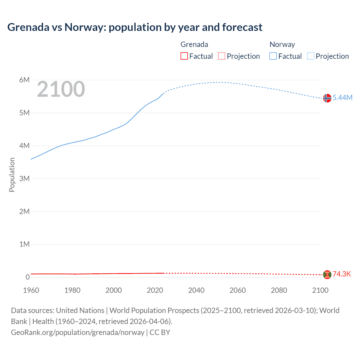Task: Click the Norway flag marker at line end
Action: click(x=327, y=98)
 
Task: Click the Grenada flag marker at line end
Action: click(x=327, y=274)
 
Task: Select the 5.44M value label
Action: click(x=342, y=98)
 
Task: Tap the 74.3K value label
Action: click(x=342, y=274)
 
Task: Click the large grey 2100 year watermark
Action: click(x=61, y=89)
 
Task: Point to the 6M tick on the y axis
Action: click(x=24, y=80)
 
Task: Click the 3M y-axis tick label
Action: click(x=24, y=179)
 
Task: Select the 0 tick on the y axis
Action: click(x=28, y=277)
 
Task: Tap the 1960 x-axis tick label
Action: click(x=31, y=290)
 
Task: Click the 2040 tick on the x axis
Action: click(x=196, y=290)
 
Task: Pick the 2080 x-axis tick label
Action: click(x=279, y=290)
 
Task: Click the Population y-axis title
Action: click(x=12, y=175)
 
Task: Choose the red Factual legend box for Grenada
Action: click(x=184, y=56)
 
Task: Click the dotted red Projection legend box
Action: click(x=222, y=56)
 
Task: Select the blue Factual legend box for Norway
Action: click(x=273, y=56)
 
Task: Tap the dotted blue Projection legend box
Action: click(x=311, y=56)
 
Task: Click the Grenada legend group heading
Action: click(x=194, y=44)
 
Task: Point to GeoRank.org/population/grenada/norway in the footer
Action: click(x=78, y=332)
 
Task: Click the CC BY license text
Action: click(x=160, y=332)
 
